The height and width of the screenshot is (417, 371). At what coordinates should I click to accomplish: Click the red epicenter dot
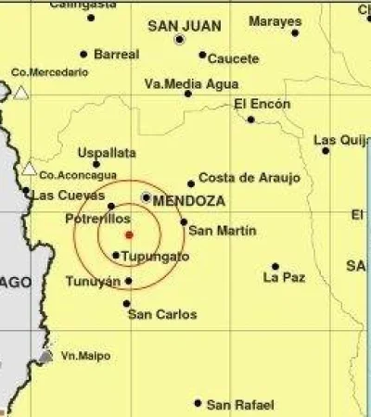click(129, 234)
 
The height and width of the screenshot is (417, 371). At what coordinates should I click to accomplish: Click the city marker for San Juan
click(179, 40)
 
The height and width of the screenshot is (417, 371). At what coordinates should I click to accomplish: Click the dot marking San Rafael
click(198, 403)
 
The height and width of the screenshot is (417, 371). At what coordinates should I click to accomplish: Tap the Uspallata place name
click(107, 152)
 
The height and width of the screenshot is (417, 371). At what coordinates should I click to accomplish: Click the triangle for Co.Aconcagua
click(30, 169)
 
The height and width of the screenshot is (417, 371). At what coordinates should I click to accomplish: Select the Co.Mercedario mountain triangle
click(20, 92)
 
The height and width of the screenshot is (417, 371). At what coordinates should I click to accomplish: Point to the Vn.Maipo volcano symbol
click(45, 356)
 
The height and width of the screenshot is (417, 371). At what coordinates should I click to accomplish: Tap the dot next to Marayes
click(295, 32)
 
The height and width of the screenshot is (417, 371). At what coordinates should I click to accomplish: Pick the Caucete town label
click(233, 59)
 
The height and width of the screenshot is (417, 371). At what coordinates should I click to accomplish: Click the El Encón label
click(258, 104)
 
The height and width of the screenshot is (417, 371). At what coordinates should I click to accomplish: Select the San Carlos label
click(162, 315)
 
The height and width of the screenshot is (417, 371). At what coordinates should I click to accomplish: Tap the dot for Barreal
click(83, 54)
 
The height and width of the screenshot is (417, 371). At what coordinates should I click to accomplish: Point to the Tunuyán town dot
click(128, 280)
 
